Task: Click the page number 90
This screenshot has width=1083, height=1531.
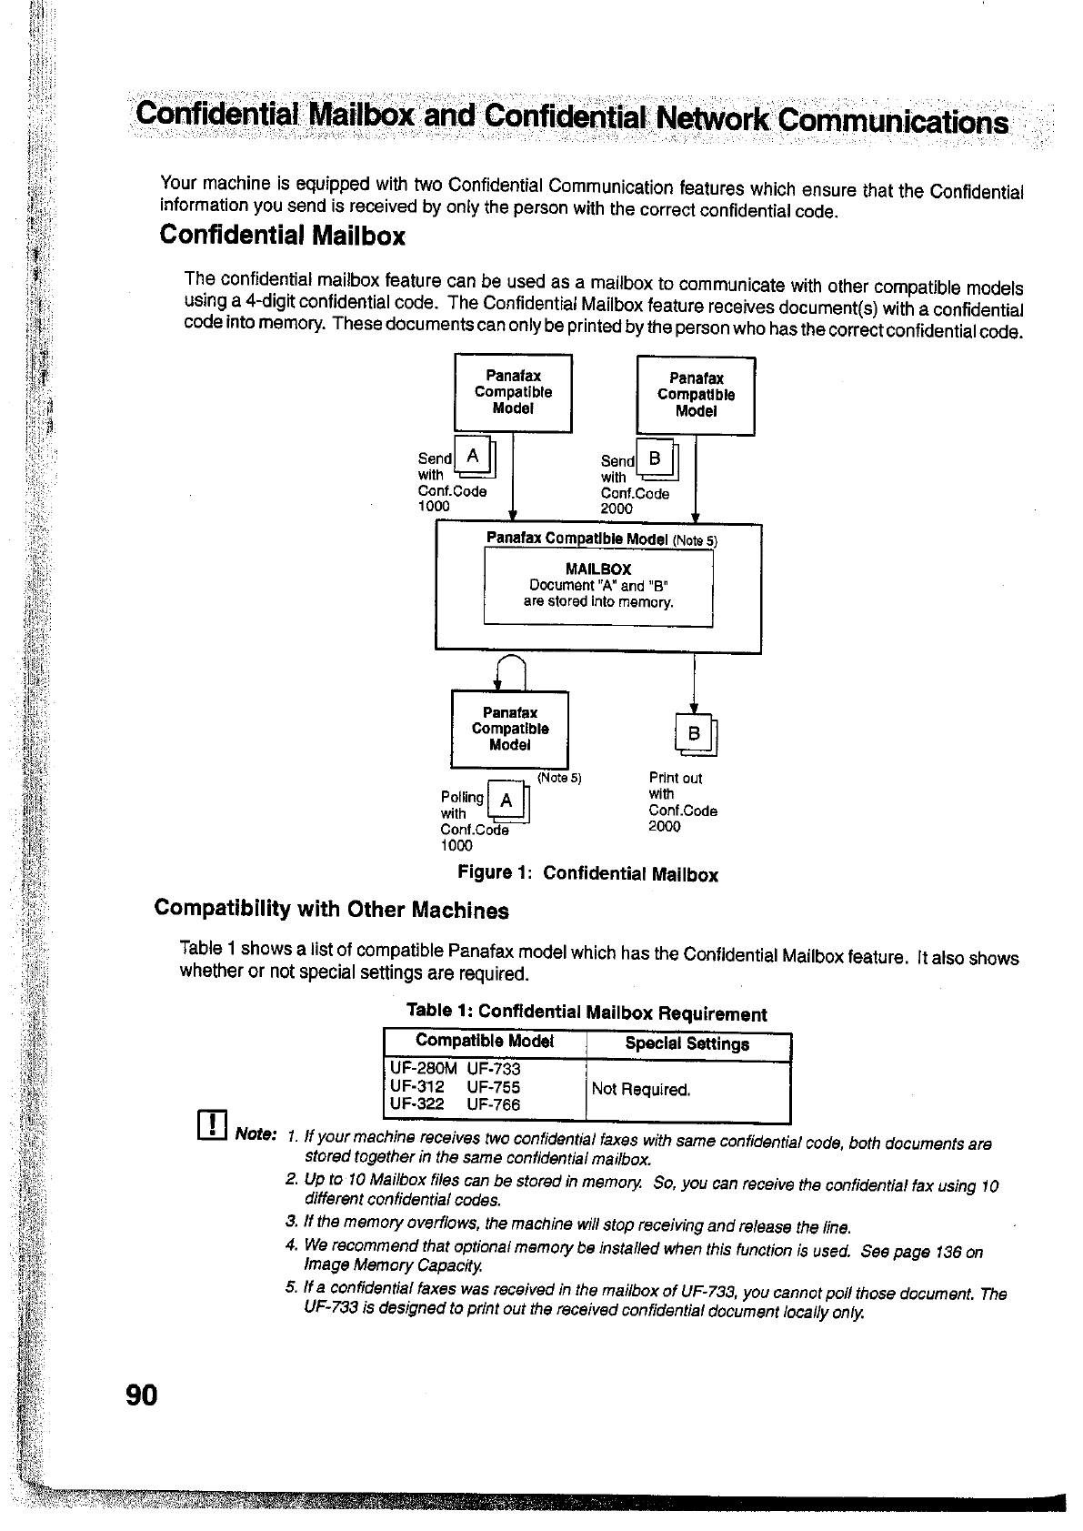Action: pos(143,1395)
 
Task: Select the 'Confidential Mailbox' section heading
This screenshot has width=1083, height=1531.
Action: pos(282,237)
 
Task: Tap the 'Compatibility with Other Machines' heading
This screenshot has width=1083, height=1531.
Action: pos(332,910)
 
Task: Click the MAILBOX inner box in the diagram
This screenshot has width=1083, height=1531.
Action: pos(597,588)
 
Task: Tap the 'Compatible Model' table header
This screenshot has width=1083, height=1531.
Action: pos(485,1042)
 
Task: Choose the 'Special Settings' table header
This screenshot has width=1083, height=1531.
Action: pos(687,1044)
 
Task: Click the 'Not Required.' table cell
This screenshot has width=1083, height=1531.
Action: pos(641,1089)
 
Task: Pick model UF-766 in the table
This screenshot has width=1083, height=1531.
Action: pos(494,1105)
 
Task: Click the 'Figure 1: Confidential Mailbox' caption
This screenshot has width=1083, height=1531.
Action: pos(587,874)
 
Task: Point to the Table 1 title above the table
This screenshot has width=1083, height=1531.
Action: pos(587,1012)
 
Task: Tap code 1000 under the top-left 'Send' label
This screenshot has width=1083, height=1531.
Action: pos(434,507)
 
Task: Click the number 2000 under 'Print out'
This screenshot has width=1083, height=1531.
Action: pos(665,827)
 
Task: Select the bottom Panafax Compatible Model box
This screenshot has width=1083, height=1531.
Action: pos(509,730)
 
